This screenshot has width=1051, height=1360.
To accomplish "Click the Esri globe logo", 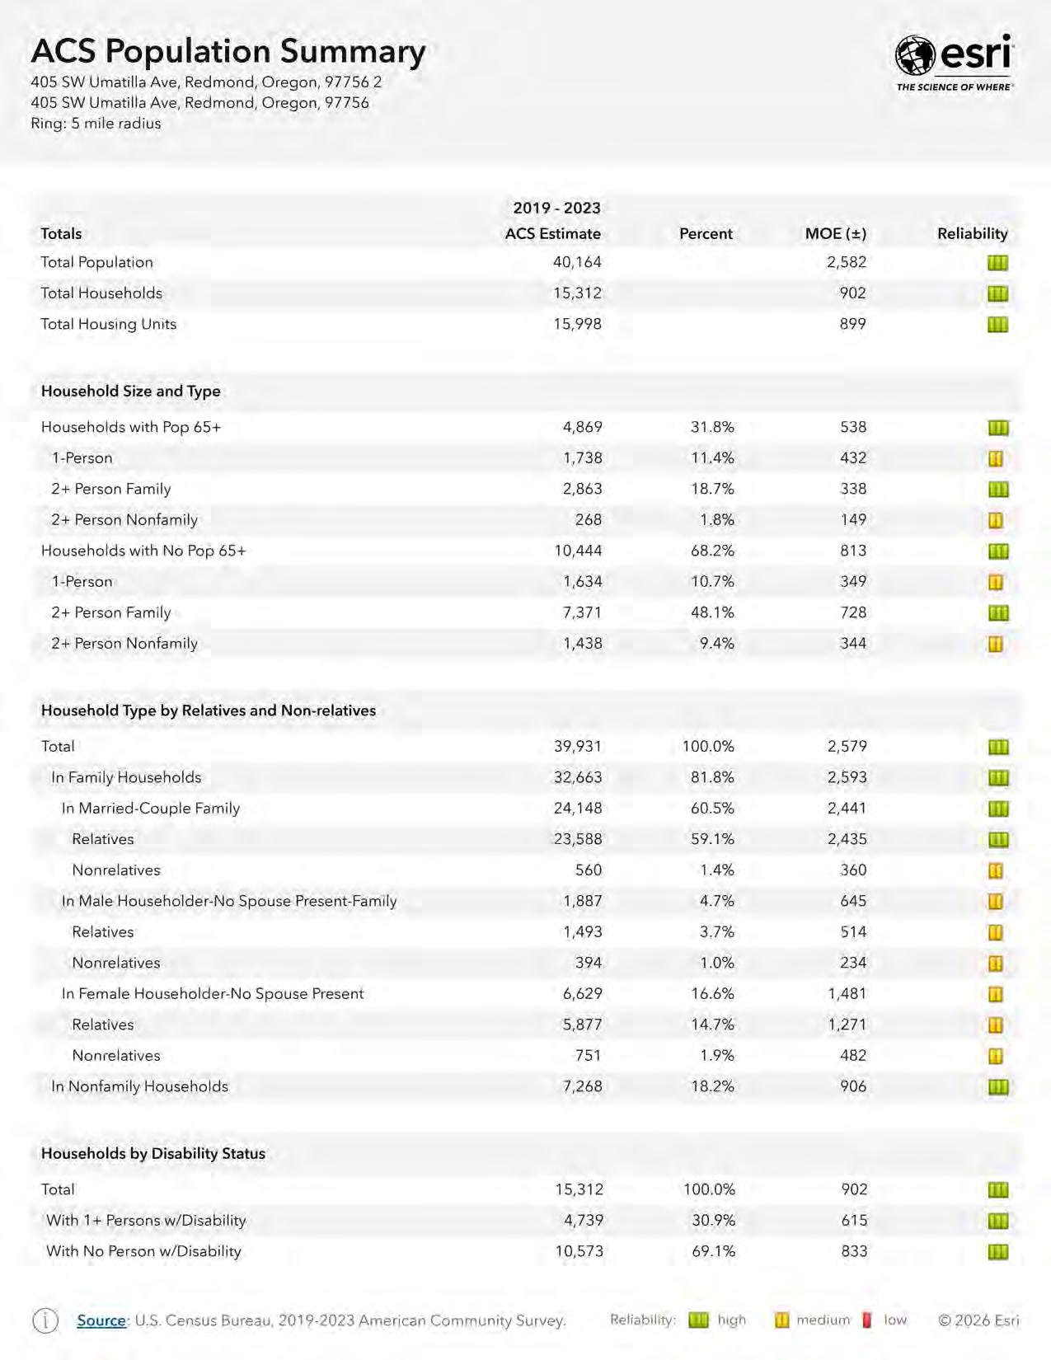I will (915, 56).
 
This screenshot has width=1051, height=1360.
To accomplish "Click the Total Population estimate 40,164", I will (577, 262).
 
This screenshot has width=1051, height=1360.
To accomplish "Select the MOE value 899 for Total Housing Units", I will (852, 324).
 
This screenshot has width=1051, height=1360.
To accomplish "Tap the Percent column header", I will (706, 234).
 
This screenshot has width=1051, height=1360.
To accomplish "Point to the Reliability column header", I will (972, 234).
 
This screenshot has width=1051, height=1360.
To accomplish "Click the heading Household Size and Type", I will (130, 392).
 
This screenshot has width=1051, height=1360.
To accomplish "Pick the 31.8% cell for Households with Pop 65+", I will (712, 427).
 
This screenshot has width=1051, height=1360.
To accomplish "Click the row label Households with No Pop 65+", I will (143, 551).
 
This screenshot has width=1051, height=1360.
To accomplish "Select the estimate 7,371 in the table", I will (582, 612).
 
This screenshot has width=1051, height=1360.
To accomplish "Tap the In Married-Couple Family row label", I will (151, 809).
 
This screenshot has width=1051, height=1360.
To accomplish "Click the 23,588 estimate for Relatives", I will (577, 839).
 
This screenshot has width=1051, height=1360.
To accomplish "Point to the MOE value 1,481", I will (847, 994).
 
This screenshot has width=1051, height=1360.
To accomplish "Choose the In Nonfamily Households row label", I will (139, 1086).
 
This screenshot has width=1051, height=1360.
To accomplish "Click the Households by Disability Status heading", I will (153, 1154).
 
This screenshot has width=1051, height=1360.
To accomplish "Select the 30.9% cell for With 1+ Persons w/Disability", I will (713, 1221).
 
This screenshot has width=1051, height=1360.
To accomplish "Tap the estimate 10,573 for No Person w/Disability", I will (579, 1251).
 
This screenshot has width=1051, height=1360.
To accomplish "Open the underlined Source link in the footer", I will (101, 1320).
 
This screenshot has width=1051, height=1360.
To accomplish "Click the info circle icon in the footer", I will (45, 1320).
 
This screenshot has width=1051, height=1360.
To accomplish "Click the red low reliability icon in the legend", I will (866, 1320).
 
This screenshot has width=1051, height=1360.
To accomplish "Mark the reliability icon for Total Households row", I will (997, 293).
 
